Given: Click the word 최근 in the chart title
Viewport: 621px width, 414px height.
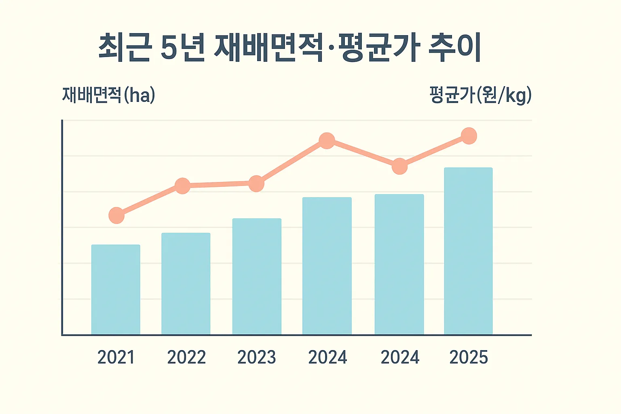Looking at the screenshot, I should (x=125, y=48).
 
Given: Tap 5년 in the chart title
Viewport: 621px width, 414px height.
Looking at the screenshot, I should (x=183, y=48).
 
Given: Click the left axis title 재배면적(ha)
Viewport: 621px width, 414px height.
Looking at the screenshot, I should (x=108, y=95).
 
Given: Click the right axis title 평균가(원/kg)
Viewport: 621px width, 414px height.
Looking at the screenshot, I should (x=480, y=95).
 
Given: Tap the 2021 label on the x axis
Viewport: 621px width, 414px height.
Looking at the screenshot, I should (x=116, y=357).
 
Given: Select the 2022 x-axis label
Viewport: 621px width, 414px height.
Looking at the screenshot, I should (x=186, y=357).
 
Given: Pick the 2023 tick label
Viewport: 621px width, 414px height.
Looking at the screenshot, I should (x=257, y=357).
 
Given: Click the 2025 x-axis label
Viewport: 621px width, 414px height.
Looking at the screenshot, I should (x=469, y=357).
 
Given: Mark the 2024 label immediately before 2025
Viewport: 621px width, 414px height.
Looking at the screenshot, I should (x=400, y=357).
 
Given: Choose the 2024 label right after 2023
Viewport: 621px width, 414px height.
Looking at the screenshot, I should (x=327, y=357).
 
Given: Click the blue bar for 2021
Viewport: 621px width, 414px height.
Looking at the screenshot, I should (x=116, y=289).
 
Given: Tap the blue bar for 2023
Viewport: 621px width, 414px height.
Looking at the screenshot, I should (x=257, y=277).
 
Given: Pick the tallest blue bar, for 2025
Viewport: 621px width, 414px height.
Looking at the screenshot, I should (x=468, y=251).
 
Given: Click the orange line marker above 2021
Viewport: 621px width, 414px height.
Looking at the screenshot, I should (x=116, y=215).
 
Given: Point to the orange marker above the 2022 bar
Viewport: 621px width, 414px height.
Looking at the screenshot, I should (x=182, y=186).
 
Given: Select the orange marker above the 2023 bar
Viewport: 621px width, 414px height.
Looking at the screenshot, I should (x=256, y=184).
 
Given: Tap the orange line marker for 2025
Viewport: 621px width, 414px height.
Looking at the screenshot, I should (x=469, y=136).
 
